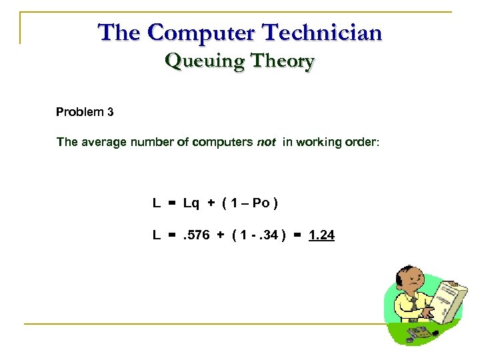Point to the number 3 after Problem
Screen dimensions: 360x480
110,112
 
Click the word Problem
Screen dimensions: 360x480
79,112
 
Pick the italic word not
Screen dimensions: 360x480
266,142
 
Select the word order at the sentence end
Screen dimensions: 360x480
361,142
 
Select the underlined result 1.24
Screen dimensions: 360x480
322,235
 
